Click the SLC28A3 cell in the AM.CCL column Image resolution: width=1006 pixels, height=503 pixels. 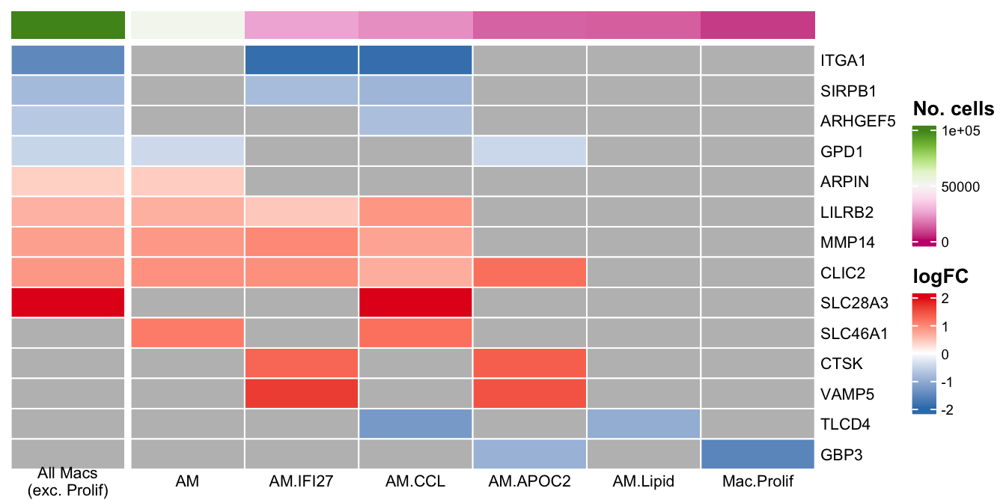[415, 302]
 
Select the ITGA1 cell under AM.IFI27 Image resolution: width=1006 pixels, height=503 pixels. [302, 60]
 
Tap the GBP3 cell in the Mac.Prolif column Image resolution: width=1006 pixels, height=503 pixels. [757, 454]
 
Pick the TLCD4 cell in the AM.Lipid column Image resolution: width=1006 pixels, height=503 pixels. [644, 424]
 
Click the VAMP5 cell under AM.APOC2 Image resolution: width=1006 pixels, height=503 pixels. [529, 394]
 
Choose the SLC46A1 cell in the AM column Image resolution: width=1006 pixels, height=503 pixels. [188, 333]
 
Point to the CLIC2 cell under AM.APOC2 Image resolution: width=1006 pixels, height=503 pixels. [529, 272]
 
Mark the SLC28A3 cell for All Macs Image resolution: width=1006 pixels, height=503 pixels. [67, 302]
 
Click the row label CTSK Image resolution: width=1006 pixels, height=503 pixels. [842, 364]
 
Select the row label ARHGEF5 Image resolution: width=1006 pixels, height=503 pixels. [858, 121]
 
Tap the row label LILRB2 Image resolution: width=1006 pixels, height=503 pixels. [847, 212]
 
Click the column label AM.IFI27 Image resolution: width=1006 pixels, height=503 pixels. [302, 481]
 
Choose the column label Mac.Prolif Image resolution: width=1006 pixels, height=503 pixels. [757, 481]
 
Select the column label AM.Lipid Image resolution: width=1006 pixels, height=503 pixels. [644, 481]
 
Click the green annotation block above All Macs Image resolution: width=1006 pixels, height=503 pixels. [67, 25]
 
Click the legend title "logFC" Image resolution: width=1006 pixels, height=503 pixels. [941, 276]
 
